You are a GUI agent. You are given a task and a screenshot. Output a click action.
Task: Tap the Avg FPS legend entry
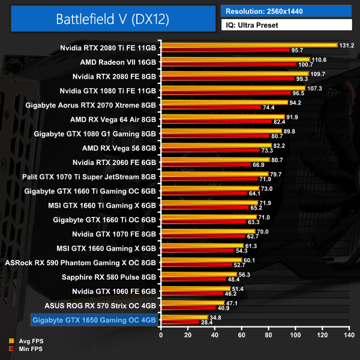pos(30,341)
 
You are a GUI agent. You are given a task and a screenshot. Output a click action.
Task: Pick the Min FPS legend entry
pos(30,349)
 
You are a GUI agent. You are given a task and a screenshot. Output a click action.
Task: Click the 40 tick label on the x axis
pos(214,334)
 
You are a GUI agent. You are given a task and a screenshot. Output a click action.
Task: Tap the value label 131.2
pos(347,45)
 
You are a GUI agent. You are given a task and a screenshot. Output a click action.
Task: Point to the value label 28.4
pos(206,322)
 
